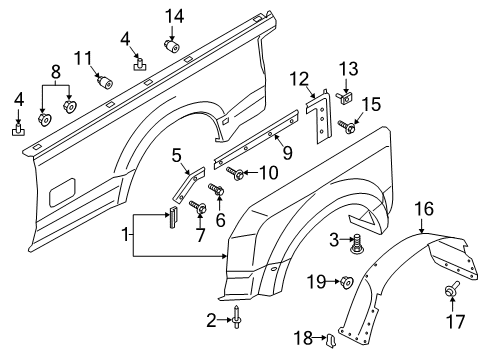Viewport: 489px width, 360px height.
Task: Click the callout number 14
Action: coord(175,15)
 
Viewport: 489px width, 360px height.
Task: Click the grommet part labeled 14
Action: coord(171,44)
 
